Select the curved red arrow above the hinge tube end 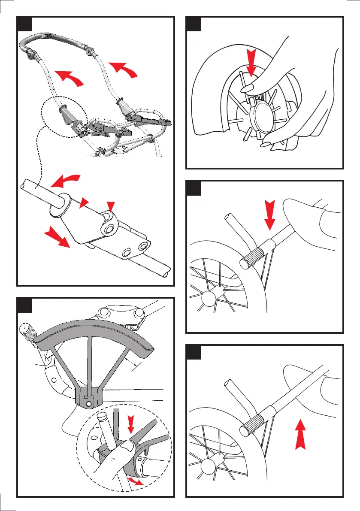(x=65, y=181)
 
